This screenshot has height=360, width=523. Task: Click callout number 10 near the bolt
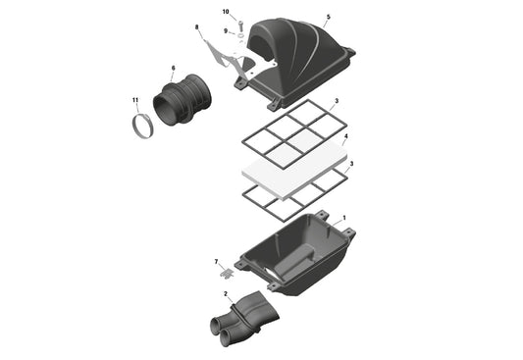click(225, 12)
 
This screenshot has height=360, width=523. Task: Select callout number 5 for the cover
click(328, 18)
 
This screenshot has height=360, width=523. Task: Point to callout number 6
click(173, 69)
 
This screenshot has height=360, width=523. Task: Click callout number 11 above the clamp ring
click(135, 100)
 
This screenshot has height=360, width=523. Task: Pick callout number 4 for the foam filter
click(345, 137)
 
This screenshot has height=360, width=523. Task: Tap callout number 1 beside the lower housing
click(343, 217)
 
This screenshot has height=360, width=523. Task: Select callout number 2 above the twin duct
click(226, 292)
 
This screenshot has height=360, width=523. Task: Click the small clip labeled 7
click(227, 266)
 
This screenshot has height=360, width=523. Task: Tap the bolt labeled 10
click(233, 24)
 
